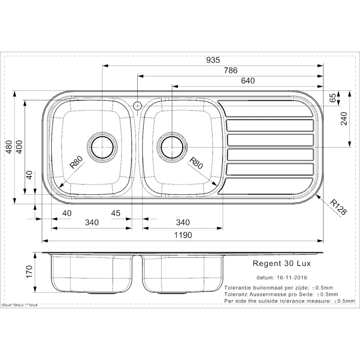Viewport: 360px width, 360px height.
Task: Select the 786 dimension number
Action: tap(229, 70)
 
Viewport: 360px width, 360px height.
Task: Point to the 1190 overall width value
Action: tap(183, 235)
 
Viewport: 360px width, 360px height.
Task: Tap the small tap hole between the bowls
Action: tap(138, 106)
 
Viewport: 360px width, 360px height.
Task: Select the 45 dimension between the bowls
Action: tap(115, 213)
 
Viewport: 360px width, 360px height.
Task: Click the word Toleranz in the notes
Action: tap(236, 293)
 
